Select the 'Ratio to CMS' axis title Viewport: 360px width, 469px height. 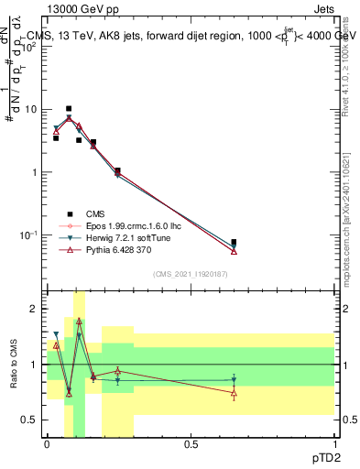(x=12, y=364)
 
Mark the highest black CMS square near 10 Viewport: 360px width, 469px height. (x=68, y=108)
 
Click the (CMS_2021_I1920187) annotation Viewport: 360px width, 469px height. (x=191, y=273)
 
